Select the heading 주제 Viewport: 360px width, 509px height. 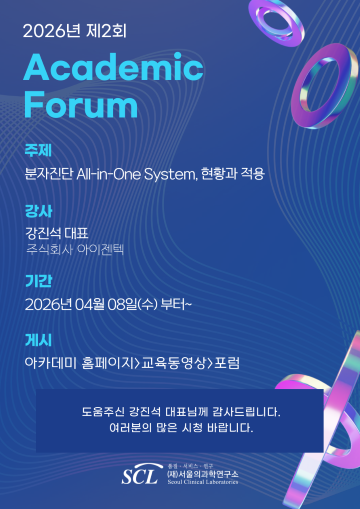38,151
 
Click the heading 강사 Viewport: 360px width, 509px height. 38,210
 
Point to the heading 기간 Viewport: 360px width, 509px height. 38,280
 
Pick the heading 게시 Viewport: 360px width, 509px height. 38,340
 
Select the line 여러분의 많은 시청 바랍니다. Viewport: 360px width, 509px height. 180,428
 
